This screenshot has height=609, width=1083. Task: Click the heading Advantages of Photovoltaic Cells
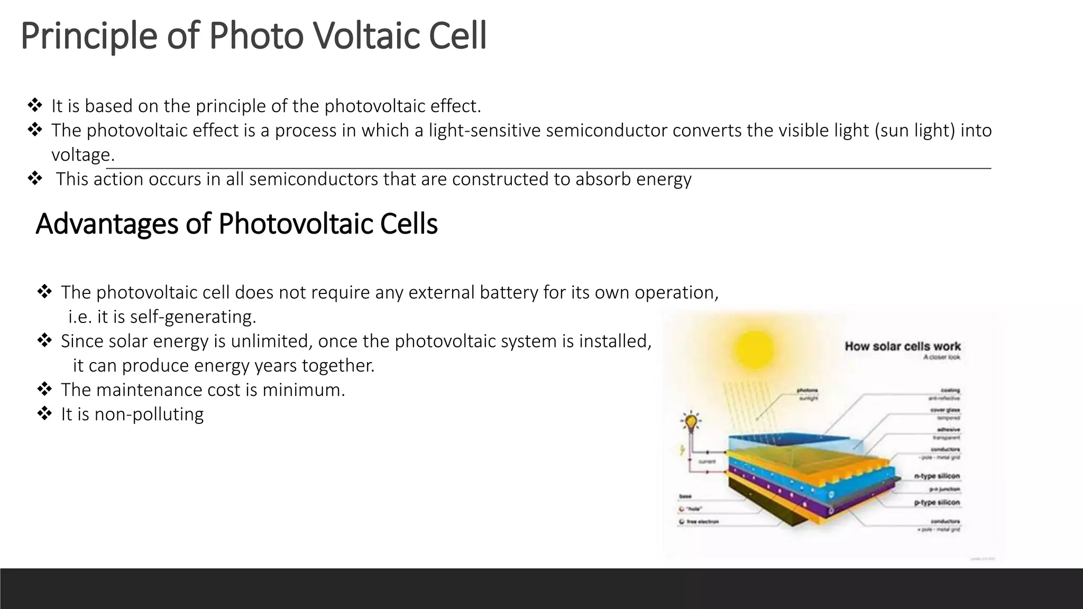(236, 224)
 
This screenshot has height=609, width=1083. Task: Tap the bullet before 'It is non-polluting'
(44, 413)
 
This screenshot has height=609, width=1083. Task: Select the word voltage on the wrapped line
(82, 155)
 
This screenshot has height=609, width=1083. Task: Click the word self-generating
(192, 317)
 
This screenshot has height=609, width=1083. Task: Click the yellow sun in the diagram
(754, 349)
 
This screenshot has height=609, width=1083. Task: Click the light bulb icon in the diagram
(690, 422)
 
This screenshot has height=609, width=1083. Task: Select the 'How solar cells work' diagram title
(902, 346)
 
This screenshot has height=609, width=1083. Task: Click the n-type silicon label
(937, 476)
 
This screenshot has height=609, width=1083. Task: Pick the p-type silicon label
(937, 502)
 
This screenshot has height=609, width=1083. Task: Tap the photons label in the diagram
(807, 390)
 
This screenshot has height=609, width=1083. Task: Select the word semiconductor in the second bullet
(607, 131)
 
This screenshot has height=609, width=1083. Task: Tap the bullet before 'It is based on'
(35, 105)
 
